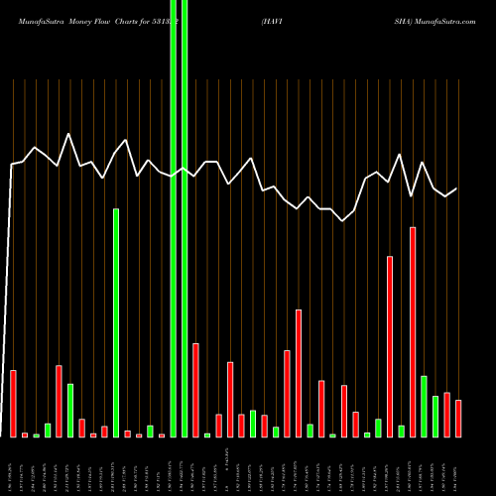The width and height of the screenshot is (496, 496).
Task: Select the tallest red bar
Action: click(x=413, y=332)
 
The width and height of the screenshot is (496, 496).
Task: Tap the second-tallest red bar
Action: click(x=390, y=346)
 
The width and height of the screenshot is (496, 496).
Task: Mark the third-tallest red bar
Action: click(x=299, y=373)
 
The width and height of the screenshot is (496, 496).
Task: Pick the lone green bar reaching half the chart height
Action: click(x=116, y=322)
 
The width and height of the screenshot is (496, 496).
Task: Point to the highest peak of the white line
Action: click(x=68, y=134)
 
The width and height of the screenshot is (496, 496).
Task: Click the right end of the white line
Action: click(x=456, y=188)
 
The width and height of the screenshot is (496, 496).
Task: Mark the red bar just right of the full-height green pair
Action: click(x=196, y=390)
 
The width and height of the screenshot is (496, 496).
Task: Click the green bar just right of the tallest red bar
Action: click(x=424, y=407)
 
